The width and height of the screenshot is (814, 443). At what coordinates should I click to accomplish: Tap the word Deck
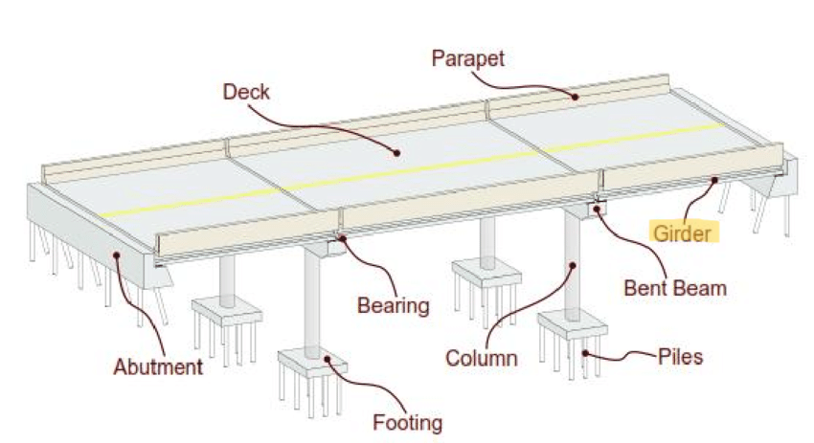pyautogui.click(x=246, y=92)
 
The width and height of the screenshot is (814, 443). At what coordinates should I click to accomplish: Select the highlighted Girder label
pyautogui.click(x=684, y=233)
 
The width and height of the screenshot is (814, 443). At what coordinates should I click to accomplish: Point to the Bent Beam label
pyautogui.click(x=675, y=287)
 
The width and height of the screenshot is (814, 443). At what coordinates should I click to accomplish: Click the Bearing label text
pyautogui.click(x=393, y=306)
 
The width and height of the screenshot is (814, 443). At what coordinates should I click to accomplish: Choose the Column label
pyautogui.click(x=481, y=359)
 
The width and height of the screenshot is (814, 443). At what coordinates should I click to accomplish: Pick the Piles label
pyautogui.click(x=680, y=357)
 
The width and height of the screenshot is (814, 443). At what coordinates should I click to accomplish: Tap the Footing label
pyautogui.click(x=409, y=422)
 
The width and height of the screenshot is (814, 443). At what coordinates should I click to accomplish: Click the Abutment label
pyautogui.click(x=158, y=366)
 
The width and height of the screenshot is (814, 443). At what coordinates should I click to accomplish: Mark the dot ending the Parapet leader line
pyautogui.click(x=576, y=96)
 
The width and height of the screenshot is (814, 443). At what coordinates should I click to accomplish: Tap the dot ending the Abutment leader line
pyautogui.click(x=116, y=254)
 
